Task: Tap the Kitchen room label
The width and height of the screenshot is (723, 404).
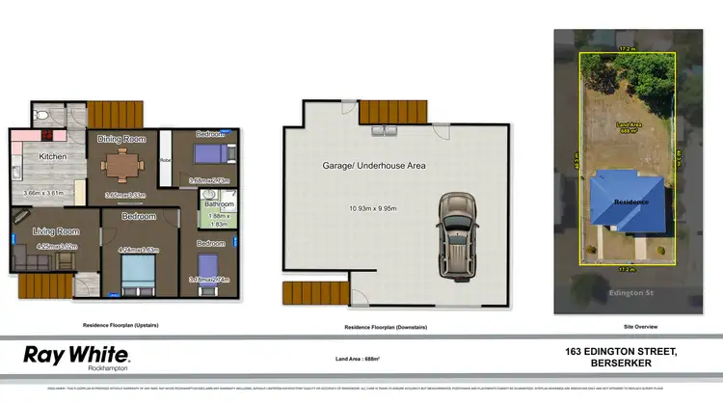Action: [52, 156]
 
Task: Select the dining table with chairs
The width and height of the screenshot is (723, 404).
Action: [121, 166]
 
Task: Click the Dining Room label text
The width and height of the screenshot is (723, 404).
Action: [121, 138]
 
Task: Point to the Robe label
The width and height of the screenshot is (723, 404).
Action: [165, 160]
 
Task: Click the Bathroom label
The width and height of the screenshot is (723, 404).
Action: [220, 203]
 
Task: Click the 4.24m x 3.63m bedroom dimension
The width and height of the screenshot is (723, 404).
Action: [138, 250]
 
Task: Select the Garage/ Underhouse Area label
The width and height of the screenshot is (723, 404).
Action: [374, 166]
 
